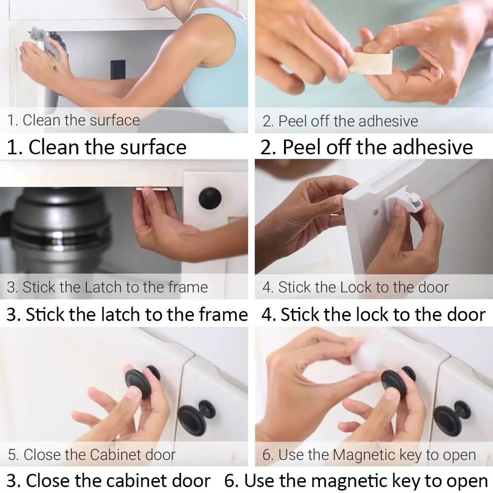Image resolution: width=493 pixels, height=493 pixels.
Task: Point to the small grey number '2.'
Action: click(x=268, y=121)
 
